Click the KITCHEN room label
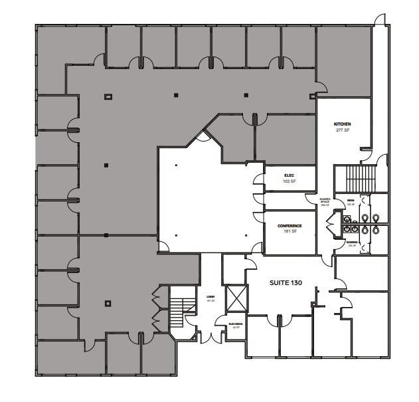[x=342, y=124]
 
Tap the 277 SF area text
[x=342, y=131]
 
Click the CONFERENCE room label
[x=290, y=226]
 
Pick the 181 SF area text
[x=290, y=232]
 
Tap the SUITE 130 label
[x=286, y=282]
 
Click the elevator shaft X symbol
[x=236, y=297]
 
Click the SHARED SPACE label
[x=325, y=201]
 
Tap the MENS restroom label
[x=351, y=201]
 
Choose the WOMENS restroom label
[x=352, y=243]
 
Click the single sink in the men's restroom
[x=346, y=215]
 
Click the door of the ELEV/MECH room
[x=220, y=322]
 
